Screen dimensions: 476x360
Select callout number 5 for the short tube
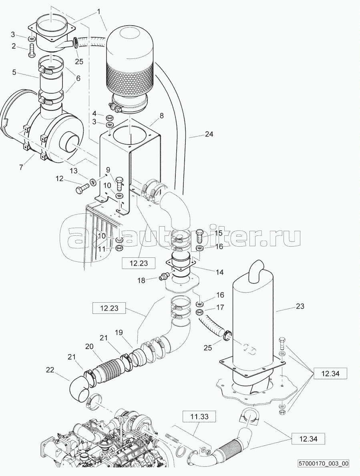14,72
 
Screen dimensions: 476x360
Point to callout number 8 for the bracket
161,116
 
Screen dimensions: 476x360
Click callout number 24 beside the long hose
209,135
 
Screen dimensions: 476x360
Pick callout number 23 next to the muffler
300,307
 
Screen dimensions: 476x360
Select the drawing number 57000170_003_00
323,464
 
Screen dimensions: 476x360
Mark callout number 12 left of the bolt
59,179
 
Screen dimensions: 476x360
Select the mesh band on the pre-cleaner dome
130,80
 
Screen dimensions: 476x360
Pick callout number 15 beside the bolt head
218,233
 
